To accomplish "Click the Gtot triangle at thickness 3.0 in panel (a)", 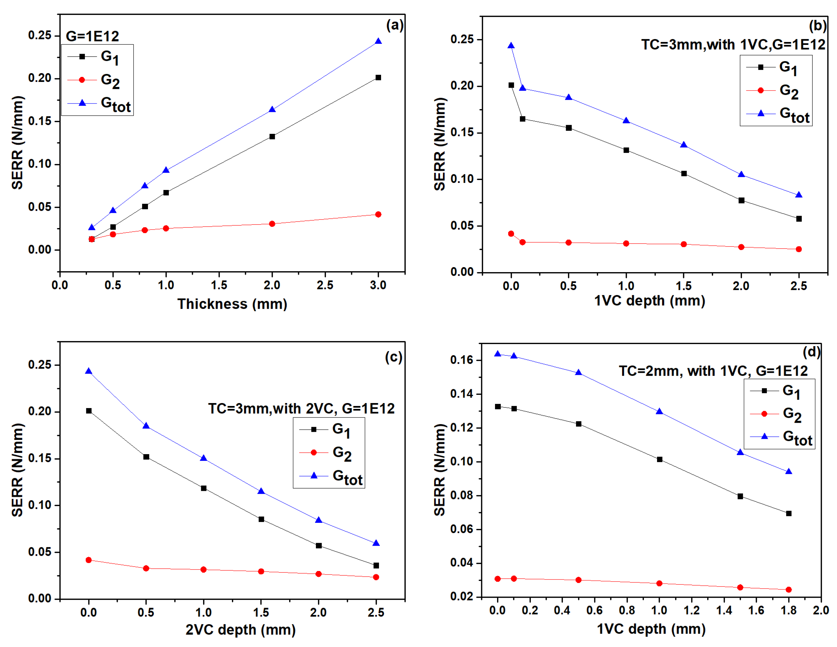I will pyautogui.click(x=378, y=41).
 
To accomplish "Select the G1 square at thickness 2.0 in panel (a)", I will pyautogui.click(x=272, y=137).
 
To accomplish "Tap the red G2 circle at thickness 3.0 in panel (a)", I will pyautogui.click(x=378, y=214).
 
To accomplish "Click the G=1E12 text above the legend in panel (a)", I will pyautogui.click(x=92, y=36).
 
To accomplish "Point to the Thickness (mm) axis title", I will pyautogui.click(x=232, y=304).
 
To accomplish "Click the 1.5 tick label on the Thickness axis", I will pyautogui.click(x=219, y=285).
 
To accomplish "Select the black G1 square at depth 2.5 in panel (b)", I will pyautogui.click(x=799, y=219).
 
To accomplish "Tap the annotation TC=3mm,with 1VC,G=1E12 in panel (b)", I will pyautogui.click(x=733, y=45).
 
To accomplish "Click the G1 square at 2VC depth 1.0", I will pyautogui.click(x=203, y=488).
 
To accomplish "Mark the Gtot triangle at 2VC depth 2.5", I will pyautogui.click(x=376, y=543).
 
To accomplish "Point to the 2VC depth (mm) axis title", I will pyautogui.click(x=240, y=630).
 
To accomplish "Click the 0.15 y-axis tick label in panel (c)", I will pyautogui.click(x=40, y=459).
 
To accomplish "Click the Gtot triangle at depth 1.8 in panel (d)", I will pyautogui.click(x=788, y=472).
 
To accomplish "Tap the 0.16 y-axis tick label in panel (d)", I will pyautogui.click(x=462, y=360).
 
